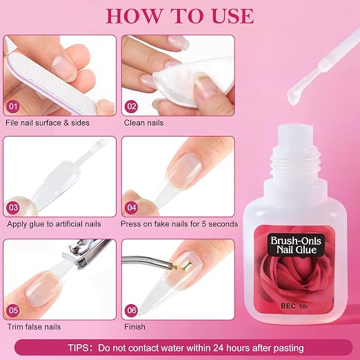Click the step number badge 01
13,106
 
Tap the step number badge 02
132,106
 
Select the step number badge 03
13,208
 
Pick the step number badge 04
132,208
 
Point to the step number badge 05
13,310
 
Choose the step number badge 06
132,310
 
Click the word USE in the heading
232,17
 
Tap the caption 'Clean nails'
143,123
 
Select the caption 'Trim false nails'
34,327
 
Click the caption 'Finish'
134,327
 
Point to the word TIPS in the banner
78,348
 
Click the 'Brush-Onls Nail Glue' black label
296,246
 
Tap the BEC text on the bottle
288,306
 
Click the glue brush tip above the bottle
295,97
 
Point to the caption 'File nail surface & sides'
48,123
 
